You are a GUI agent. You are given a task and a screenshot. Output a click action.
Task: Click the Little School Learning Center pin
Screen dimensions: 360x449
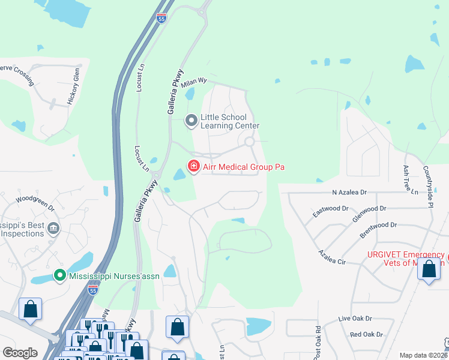191,121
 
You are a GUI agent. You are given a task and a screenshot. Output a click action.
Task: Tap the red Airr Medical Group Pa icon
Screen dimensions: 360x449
193,166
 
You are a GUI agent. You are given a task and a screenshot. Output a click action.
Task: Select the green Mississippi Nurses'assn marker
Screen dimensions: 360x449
59,276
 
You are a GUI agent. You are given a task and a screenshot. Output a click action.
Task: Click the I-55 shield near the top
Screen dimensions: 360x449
160,19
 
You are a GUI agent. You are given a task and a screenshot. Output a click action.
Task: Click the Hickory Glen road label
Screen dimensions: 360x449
73,88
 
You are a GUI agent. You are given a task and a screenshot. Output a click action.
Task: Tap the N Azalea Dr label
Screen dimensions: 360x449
349,193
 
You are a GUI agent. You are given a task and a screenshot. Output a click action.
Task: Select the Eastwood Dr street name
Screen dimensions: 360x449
330,212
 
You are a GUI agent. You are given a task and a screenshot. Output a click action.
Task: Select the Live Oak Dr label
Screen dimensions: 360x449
355,319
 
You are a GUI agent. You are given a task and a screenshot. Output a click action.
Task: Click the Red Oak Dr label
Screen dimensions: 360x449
366,334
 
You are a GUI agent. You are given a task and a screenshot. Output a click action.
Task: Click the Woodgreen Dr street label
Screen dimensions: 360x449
35,202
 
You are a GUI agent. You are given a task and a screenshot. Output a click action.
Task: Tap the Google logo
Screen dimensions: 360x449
20,353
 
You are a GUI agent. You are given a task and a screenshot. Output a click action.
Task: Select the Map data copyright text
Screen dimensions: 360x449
423,355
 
